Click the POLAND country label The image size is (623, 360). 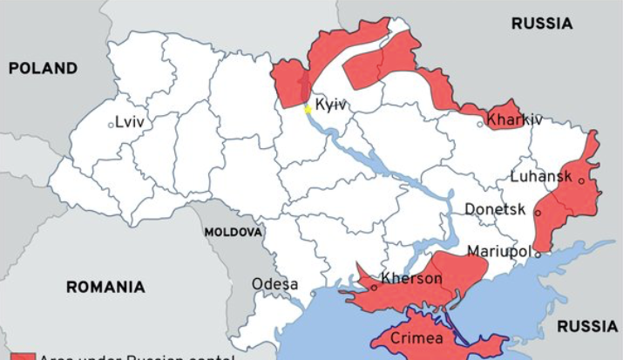coord(43,68)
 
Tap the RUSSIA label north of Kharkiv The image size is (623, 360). coord(541,24)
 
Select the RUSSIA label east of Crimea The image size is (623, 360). coord(586,326)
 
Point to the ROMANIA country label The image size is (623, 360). coord(105,287)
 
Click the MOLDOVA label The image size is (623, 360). coord(233,233)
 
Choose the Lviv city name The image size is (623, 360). coord(129,123)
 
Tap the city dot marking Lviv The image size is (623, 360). coord(111,125)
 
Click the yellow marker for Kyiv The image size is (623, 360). coord(307,109)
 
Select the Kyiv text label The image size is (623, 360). coord(331,105)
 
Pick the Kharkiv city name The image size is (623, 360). coord(515,119)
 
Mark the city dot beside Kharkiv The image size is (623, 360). coord(480,124)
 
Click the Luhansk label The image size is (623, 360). coord(541,177)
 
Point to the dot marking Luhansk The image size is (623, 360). coord(580,181)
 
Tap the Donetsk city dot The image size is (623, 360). coord(538,212)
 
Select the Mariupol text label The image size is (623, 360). coord(498,251)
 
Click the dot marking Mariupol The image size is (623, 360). coord(538,254)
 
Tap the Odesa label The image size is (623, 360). coord(274,284)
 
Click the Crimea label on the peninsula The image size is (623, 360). coord(416,338)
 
